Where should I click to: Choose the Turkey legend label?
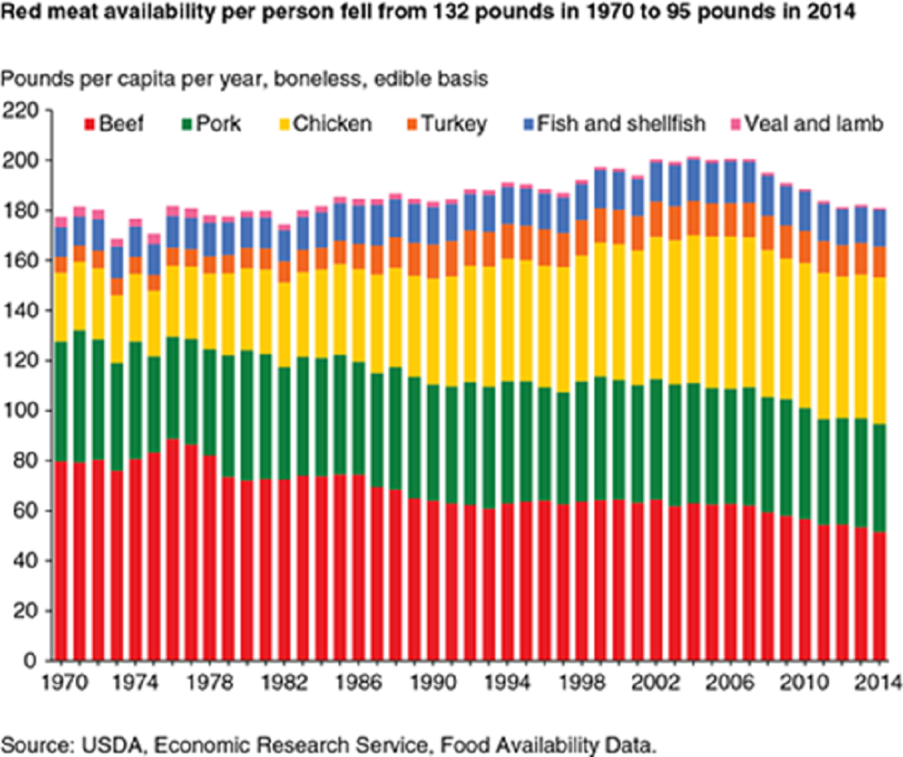(x=458, y=124)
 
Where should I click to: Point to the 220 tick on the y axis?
(x=23, y=110)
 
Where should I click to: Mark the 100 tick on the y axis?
(x=23, y=411)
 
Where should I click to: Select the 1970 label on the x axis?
(x=61, y=681)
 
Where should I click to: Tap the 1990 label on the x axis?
(x=422, y=681)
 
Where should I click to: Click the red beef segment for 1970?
(x=61, y=560)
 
